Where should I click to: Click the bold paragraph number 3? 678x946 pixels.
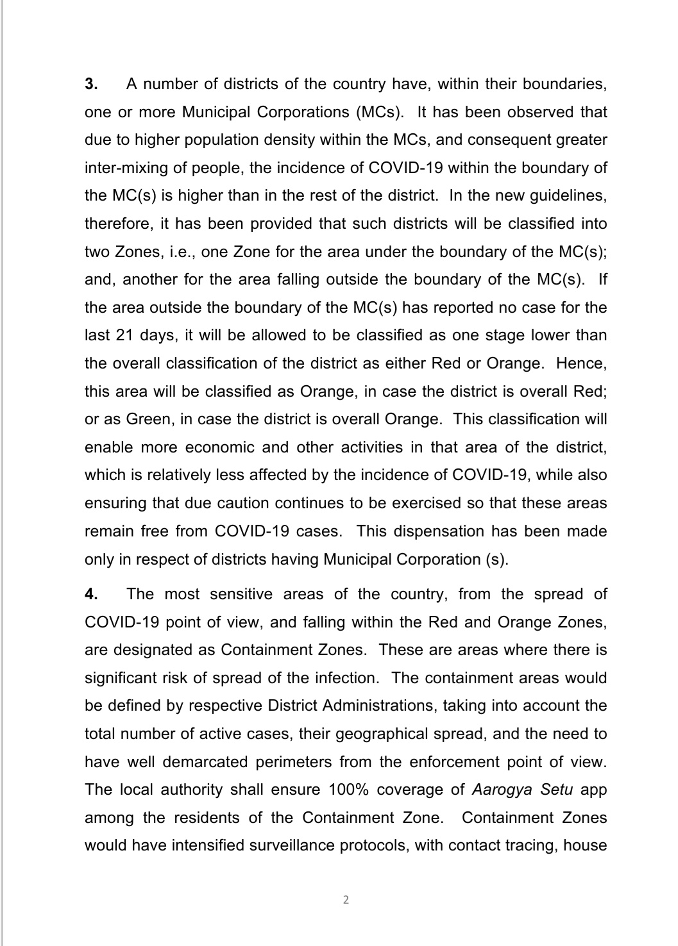coord(90,84)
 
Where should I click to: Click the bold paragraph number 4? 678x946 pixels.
coord(91,594)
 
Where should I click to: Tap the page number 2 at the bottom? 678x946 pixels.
coord(346,900)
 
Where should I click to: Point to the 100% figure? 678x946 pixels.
coord(348,790)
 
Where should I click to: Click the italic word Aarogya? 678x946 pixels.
coord(498,790)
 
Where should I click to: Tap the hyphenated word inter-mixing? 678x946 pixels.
coord(124,168)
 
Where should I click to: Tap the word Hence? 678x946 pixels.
coord(581,363)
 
